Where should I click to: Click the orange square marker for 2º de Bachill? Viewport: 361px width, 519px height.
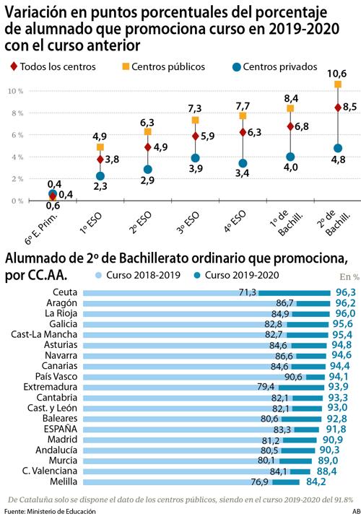[x=337, y=84]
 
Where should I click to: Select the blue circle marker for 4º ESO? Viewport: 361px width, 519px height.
[x=243, y=163]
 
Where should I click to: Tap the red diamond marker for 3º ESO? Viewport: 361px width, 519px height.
[x=195, y=136]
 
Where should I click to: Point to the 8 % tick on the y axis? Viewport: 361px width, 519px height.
[x=15, y=113]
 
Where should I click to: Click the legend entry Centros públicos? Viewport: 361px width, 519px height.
[x=168, y=66]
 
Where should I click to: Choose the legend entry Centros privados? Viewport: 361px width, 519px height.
[x=274, y=66]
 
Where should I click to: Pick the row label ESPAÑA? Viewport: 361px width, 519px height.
[x=61, y=429]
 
